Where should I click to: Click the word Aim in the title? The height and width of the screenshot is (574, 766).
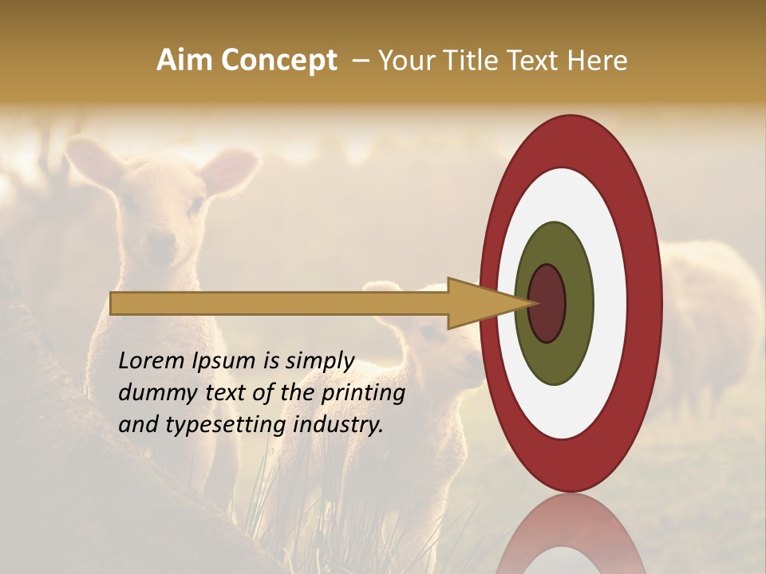[184, 61]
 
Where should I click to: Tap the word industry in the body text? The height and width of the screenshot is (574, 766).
[338, 425]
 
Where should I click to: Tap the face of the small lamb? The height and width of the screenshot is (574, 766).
[435, 351]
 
